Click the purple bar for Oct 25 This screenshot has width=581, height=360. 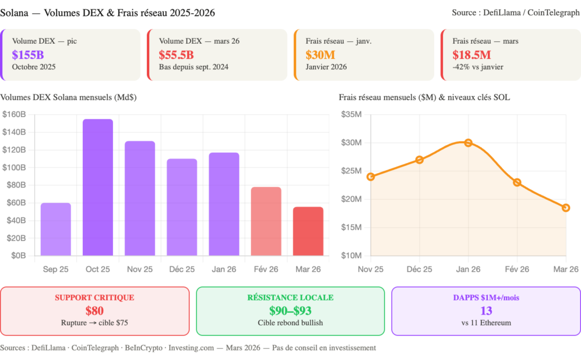pyautogui.click(x=98, y=187)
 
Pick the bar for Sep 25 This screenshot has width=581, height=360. pyautogui.click(x=56, y=229)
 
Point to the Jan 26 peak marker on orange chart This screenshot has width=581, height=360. pyautogui.click(x=468, y=142)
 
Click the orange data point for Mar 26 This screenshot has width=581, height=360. pyautogui.click(x=566, y=208)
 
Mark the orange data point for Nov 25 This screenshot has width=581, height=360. pyautogui.click(x=371, y=177)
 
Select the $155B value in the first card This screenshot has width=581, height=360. pyautogui.click(x=28, y=55)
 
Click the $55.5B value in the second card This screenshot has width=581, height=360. pyautogui.click(x=176, y=55)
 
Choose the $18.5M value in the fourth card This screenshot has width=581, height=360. pyautogui.click(x=471, y=55)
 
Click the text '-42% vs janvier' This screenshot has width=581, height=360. pyautogui.click(x=478, y=67)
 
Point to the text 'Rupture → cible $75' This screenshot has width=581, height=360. pyautogui.click(x=95, y=323)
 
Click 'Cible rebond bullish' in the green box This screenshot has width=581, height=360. pyautogui.click(x=290, y=323)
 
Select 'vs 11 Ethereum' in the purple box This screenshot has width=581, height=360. pyautogui.click(x=486, y=323)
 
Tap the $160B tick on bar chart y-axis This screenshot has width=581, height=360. pyautogui.click(x=14, y=114)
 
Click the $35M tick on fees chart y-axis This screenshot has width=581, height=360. pyautogui.click(x=351, y=114)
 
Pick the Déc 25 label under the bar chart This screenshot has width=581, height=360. pyautogui.click(x=182, y=269)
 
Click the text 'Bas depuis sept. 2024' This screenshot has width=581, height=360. pyautogui.click(x=193, y=67)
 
